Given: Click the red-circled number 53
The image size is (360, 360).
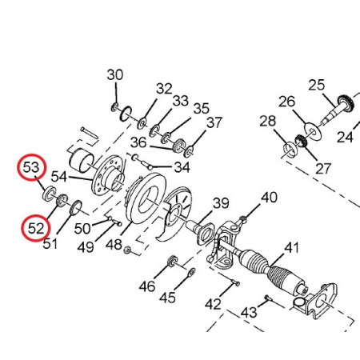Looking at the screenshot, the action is click(31, 167).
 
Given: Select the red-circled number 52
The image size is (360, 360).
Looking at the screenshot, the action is click(36, 228).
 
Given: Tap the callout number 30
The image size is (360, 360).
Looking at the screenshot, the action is click(115, 75).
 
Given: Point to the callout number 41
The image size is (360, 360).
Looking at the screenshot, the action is click(292, 248).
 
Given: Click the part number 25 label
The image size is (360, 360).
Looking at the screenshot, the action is click(317, 85).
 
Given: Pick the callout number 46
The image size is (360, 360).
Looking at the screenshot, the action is click(147, 286).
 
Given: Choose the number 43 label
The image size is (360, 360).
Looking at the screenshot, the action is click(249, 312).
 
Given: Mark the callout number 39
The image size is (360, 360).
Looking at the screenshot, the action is click(221, 203).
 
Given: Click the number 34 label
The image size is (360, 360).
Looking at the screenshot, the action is click(182, 167).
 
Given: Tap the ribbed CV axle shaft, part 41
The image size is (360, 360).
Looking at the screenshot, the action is click(270, 270).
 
